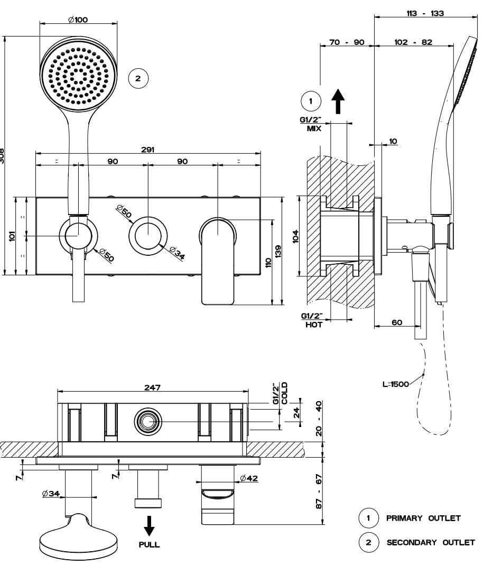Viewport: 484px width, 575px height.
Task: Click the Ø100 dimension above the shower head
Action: click(78, 20)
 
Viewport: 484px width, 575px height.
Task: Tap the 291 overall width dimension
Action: click(148, 150)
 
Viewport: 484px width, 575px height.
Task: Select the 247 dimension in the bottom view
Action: click(152, 387)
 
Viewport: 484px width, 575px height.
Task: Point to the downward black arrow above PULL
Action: click(150, 525)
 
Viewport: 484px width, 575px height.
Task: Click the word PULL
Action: click(150, 544)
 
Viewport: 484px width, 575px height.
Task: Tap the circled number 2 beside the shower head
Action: click(138, 79)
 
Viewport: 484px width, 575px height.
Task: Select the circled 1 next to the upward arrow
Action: click(311, 100)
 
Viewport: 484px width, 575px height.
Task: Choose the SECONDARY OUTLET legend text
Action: click(431, 542)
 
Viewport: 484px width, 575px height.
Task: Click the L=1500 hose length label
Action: click(395, 384)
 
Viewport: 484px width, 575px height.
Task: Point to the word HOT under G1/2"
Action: click(314, 325)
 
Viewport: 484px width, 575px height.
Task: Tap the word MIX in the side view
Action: click(314, 128)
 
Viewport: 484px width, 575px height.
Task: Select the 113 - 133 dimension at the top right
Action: click(425, 13)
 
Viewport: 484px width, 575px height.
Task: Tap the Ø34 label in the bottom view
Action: click(51, 494)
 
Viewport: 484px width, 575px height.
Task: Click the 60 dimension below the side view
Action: click(397, 322)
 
